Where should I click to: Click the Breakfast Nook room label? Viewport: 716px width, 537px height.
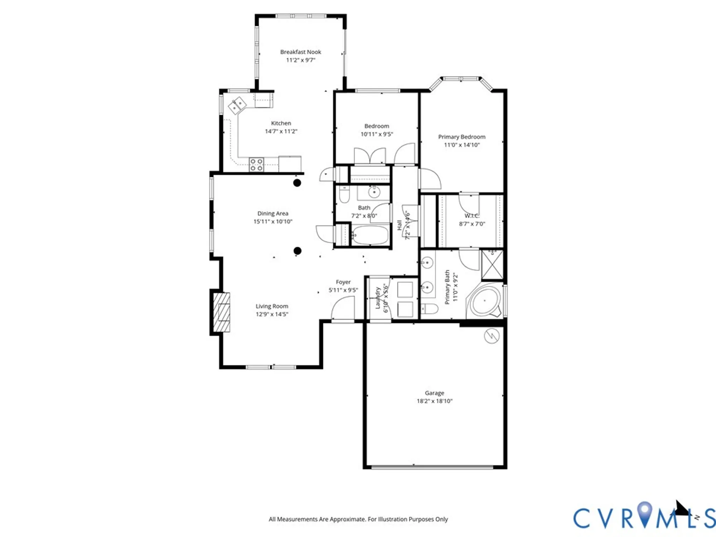(300, 52)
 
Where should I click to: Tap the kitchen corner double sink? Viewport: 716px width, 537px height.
(237, 105)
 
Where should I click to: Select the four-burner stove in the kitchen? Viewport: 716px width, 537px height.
(256, 165)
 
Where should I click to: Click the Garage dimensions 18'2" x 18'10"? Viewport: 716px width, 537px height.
(434, 401)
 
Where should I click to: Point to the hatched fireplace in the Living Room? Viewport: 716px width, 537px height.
(222, 312)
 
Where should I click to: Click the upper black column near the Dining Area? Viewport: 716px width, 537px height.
(297, 183)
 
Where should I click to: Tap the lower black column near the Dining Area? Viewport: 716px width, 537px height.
(297, 251)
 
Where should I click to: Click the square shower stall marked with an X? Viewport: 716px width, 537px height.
(492, 265)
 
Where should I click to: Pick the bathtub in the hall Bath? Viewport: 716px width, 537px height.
(370, 235)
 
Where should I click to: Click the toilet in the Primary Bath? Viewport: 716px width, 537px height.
(429, 309)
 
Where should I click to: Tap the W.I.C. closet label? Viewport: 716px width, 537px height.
(471, 216)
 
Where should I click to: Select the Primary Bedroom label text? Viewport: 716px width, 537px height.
(461, 137)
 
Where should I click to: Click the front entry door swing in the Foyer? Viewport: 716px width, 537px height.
(343, 310)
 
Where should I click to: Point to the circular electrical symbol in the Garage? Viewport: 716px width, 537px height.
(492, 336)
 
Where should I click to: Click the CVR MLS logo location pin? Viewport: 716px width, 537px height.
(645, 512)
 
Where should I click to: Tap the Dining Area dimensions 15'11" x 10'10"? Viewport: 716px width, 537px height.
(273, 222)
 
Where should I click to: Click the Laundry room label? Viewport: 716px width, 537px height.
(378, 298)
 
